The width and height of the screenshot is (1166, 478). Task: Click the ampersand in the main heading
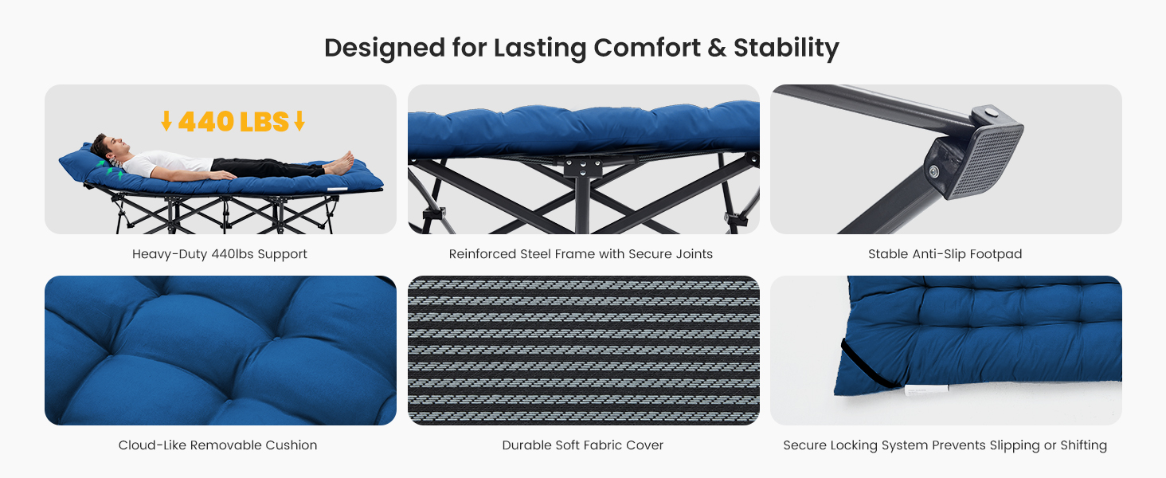tap(717, 47)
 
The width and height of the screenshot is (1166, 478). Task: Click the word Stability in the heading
tap(786, 49)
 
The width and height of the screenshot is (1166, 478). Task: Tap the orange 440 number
tap(206, 122)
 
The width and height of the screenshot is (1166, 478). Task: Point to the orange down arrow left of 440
tap(166, 121)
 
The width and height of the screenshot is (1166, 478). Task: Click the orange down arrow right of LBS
tap(299, 121)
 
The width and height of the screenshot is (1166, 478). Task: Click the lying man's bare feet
tap(340, 163)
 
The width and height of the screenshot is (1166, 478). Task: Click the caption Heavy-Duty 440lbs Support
tap(220, 254)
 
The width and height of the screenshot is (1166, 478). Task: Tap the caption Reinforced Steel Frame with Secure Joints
tap(581, 254)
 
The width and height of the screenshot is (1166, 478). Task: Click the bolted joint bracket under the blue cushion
tap(583, 167)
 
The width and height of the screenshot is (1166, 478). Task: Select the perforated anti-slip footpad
tap(984, 161)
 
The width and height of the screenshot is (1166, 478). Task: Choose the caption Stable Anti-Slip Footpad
tap(945, 254)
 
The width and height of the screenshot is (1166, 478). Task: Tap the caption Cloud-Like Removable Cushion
tap(217, 445)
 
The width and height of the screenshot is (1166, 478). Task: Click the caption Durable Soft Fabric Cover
tap(583, 445)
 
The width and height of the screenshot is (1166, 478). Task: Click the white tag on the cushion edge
tap(926, 390)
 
